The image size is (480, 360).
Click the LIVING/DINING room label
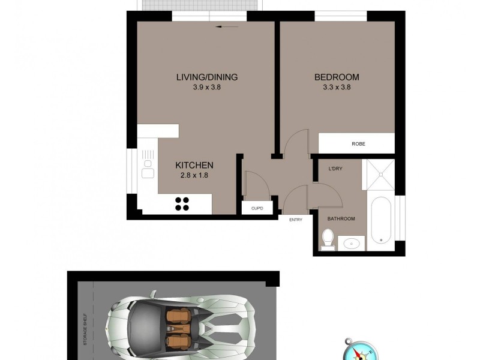coord(206,77)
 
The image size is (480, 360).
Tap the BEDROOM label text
coord(337,77)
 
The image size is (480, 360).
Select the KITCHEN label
coord(194,165)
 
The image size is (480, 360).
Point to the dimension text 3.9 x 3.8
coord(206,87)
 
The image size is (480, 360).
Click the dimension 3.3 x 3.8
coord(337,87)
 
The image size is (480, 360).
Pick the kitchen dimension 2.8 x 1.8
coord(194,175)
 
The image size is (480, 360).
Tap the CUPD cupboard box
coord(257,208)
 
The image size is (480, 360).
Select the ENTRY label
coord(295,220)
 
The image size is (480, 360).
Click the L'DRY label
coord(335,169)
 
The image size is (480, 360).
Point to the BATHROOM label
coord(341,219)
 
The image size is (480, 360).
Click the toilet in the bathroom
coord(328,239)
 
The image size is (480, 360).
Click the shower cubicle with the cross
coord(380,173)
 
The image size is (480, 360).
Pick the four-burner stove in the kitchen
coord(182,203)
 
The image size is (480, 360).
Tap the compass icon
coord(358,349)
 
